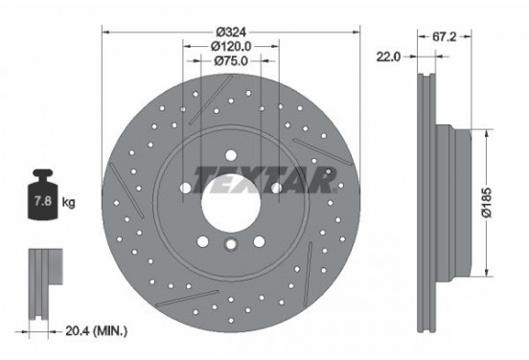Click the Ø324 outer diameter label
coord(229,29)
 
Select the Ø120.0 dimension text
coord(229,45)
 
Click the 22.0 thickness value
coord(387,55)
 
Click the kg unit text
coord(68,204)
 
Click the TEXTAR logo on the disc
coord(264,177)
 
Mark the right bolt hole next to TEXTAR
coord(275,189)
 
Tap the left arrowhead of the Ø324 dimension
coord(106,29)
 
